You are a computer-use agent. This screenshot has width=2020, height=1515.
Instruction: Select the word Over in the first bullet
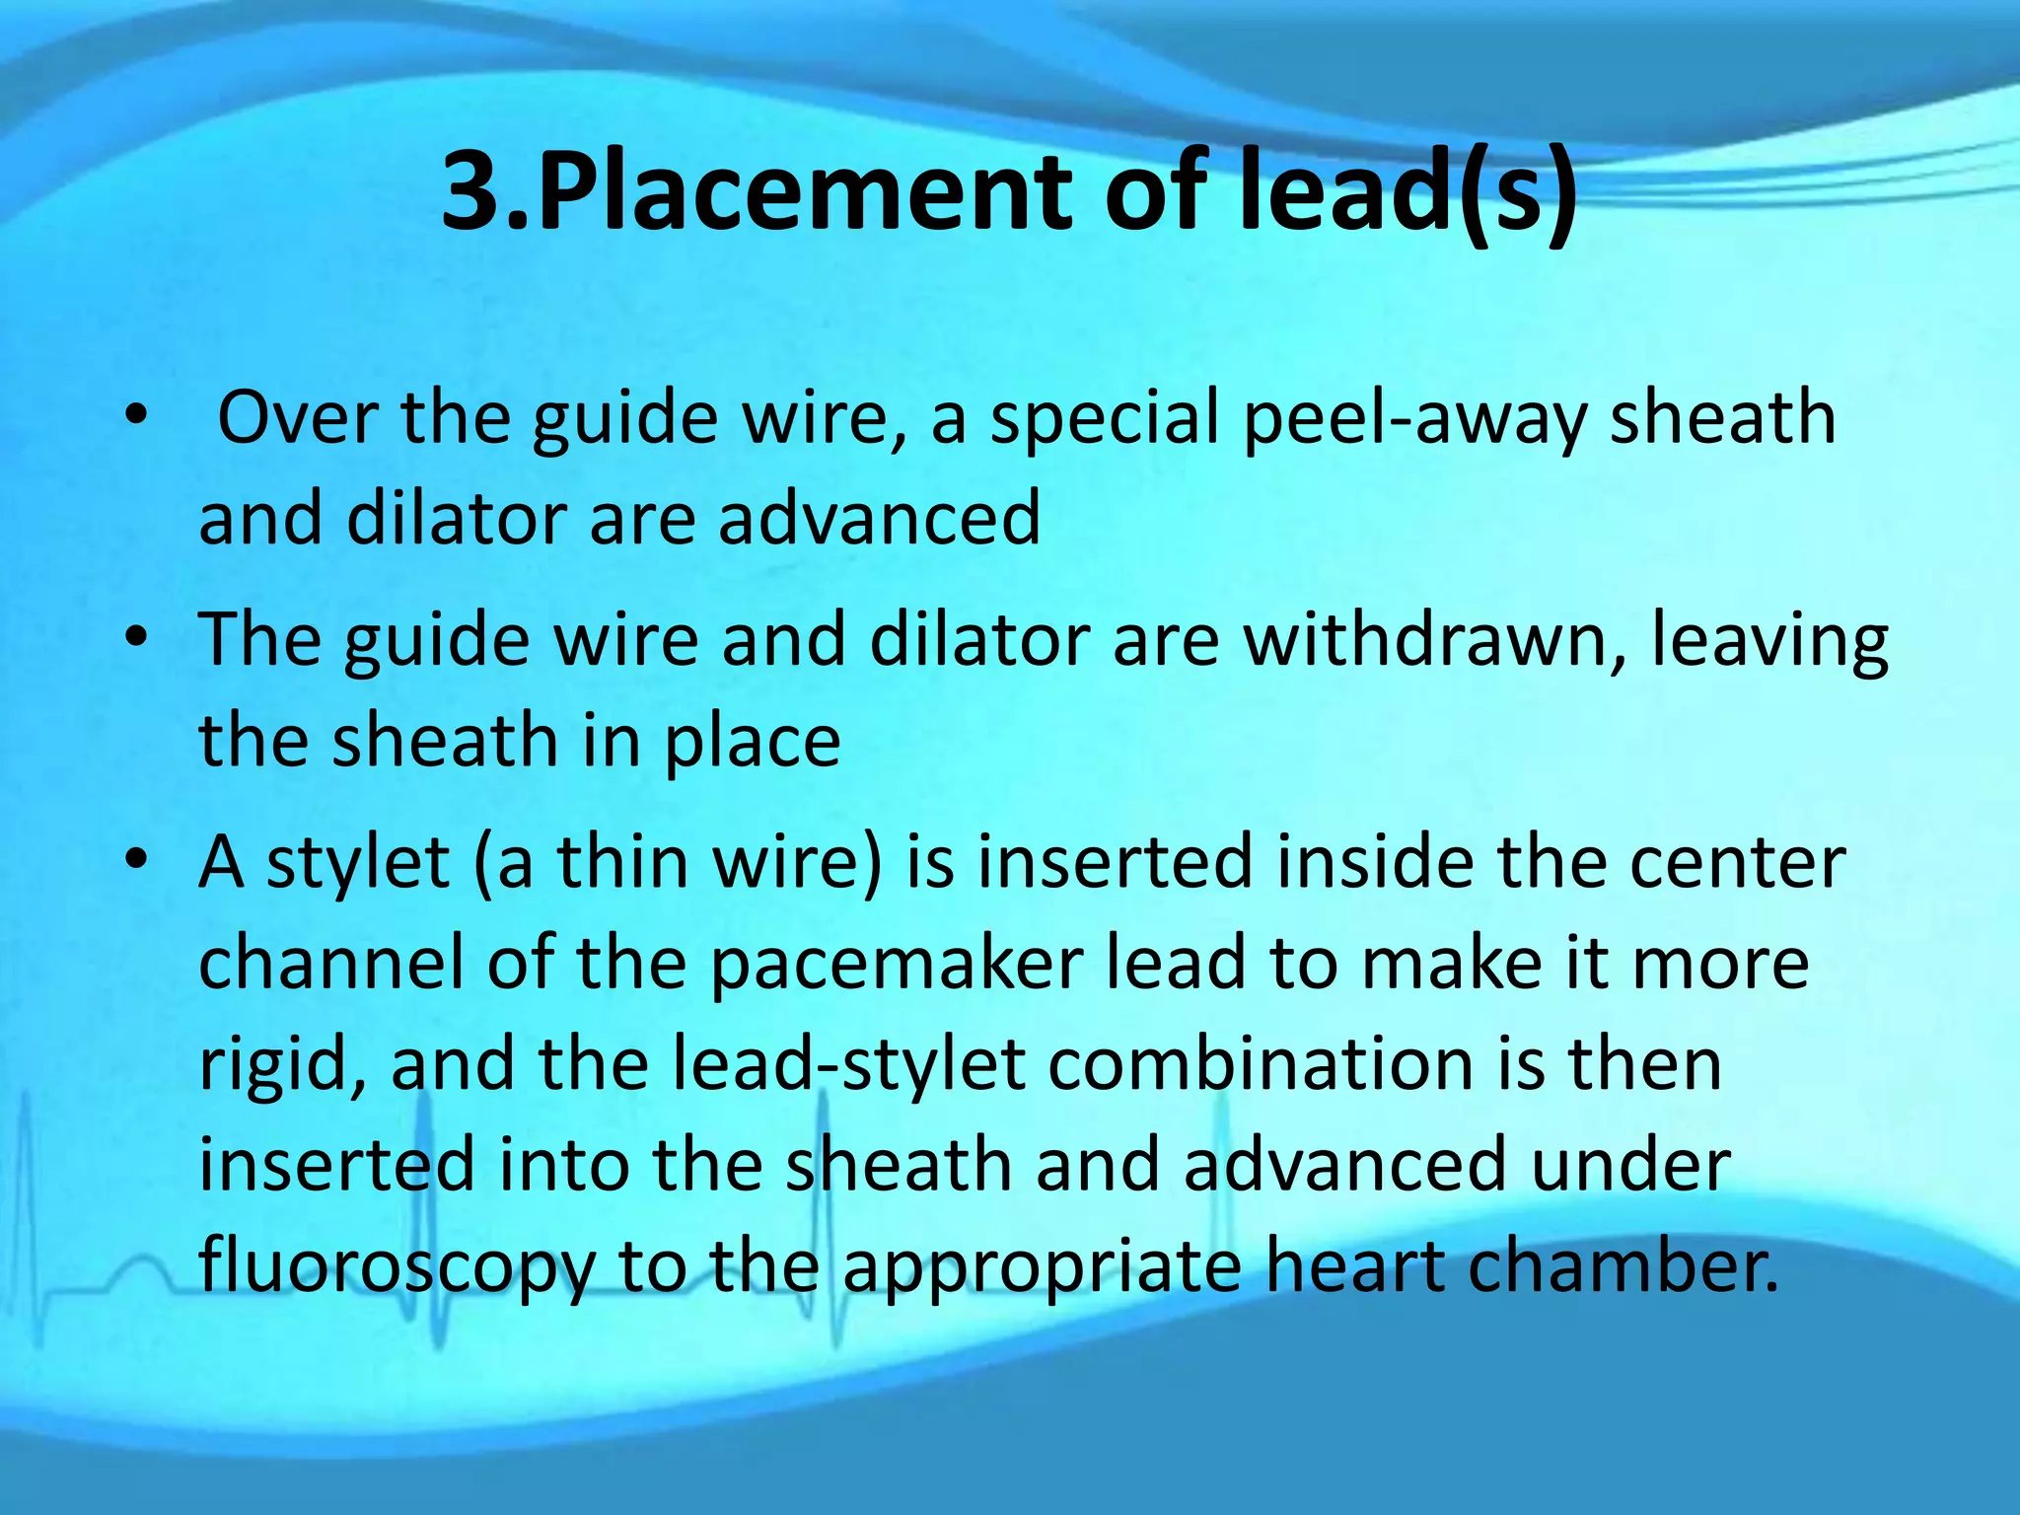(295, 417)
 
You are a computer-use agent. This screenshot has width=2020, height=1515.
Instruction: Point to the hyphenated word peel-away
(1414, 419)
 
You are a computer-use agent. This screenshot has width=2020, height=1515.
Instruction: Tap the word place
(751, 742)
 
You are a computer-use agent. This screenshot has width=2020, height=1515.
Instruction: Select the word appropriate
(1042, 1268)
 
